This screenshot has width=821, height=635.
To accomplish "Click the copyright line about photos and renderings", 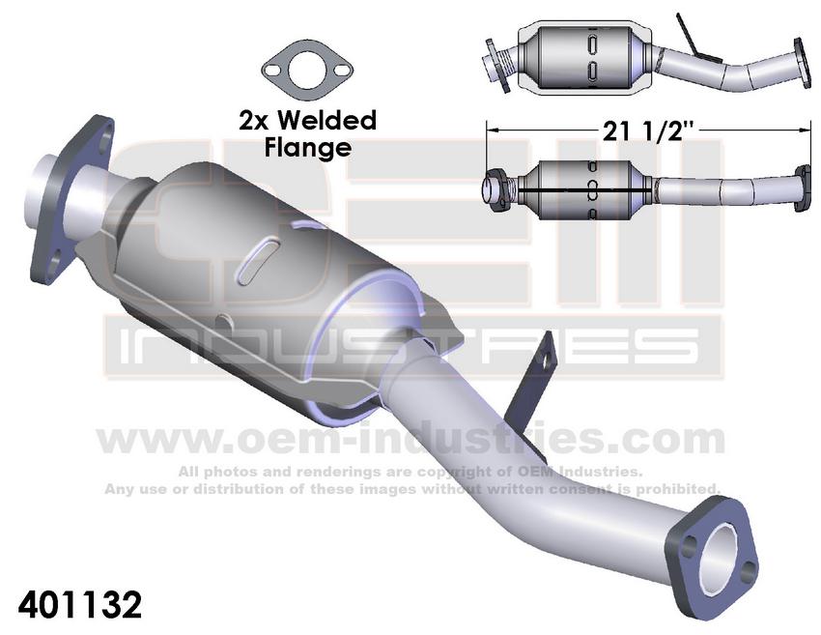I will coord(410,472).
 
